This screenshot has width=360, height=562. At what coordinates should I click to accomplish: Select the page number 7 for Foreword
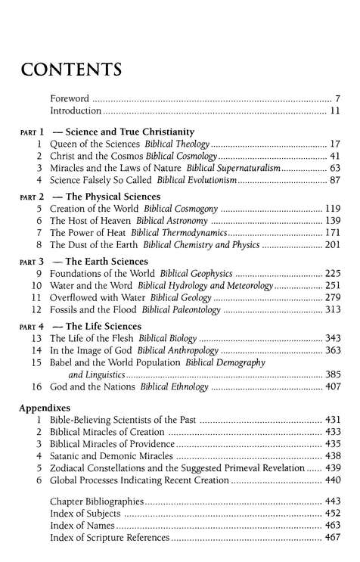tap(338, 98)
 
